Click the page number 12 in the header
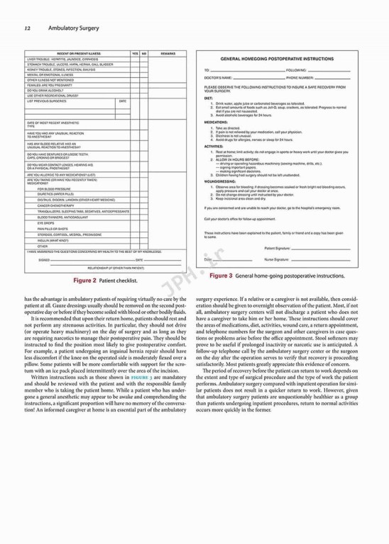tap(26, 28)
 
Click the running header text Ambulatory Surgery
tap(74, 28)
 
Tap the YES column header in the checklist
tap(134, 54)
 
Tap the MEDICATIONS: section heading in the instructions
tap(216, 122)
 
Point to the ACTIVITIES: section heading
tap(214, 146)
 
